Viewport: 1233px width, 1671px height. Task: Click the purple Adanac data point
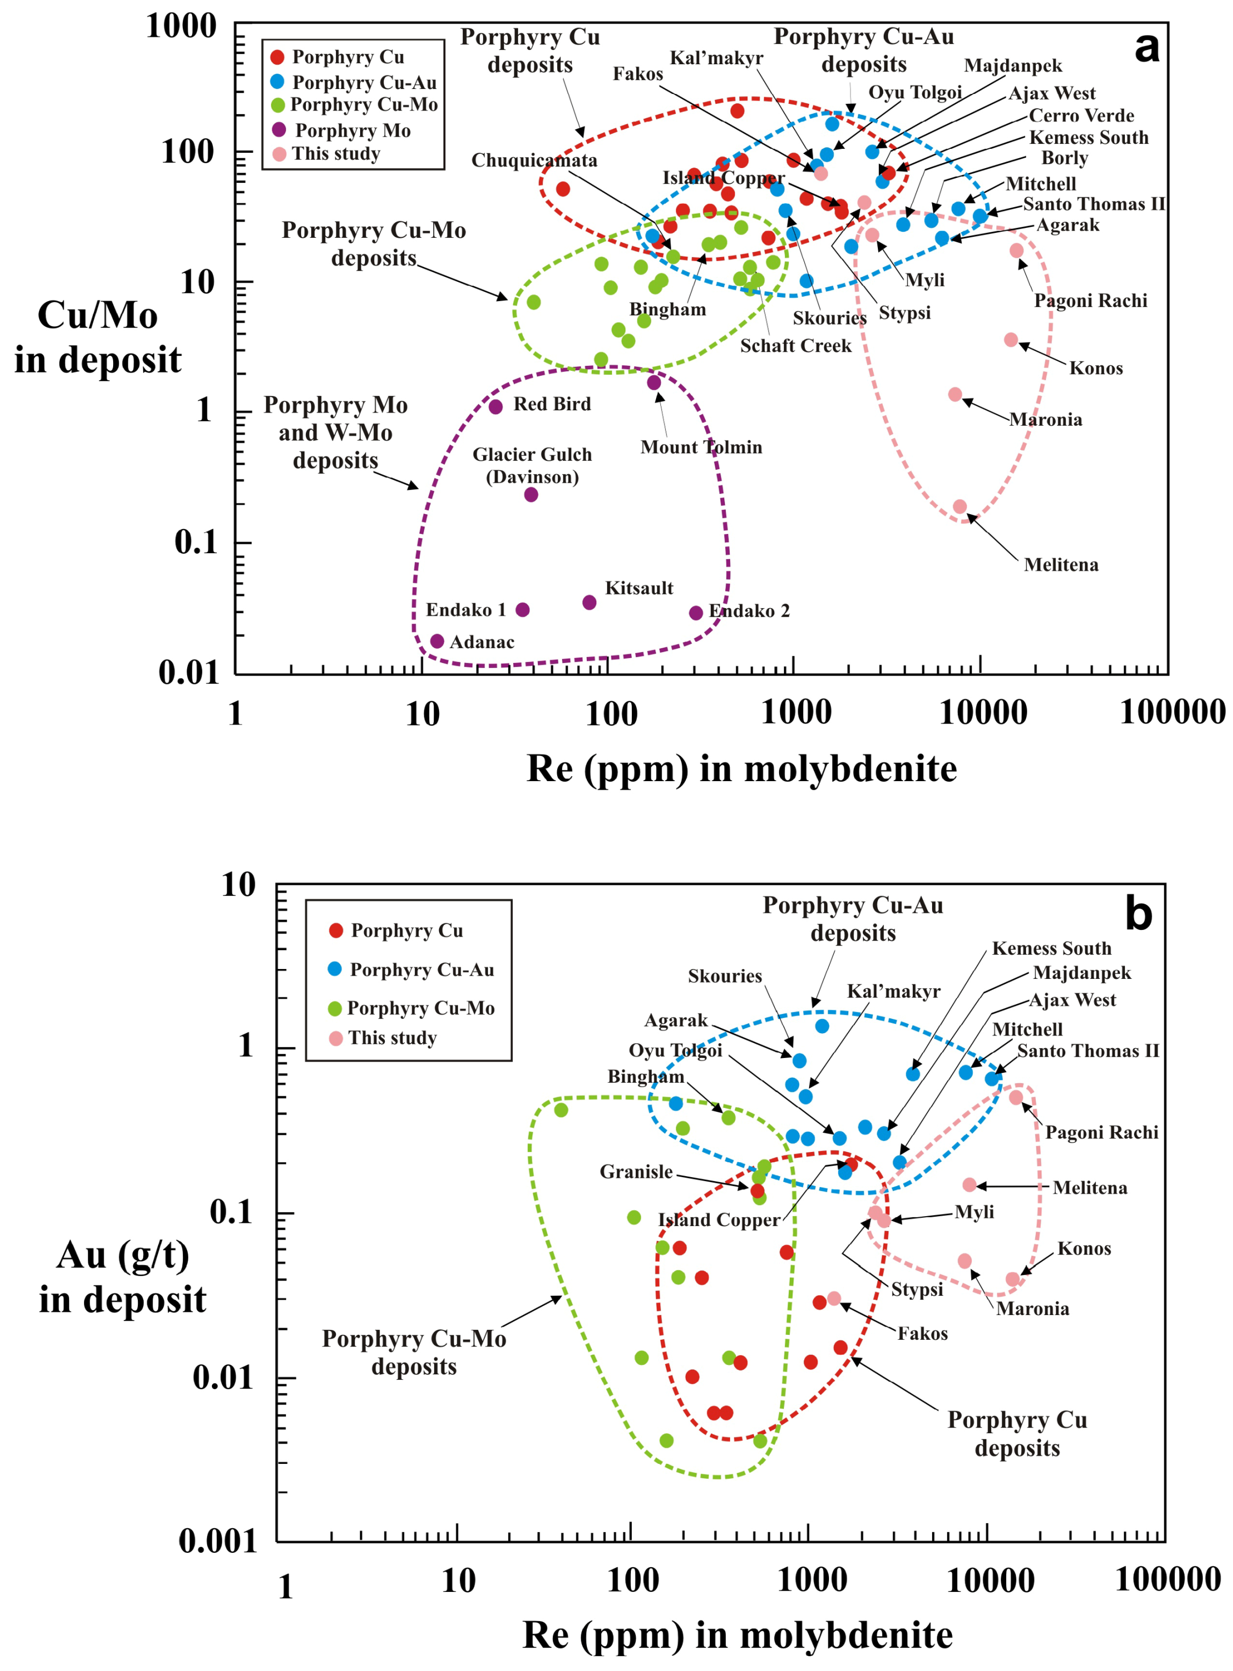pyautogui.click(x=438, y=642)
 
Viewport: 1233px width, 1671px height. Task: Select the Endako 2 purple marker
pyautogui.click(x=696, y=613)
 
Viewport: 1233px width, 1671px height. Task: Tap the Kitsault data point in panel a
pyautogui.click(x=589, y=603)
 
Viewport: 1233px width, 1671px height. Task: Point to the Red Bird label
pyautogui.click(x=552, y=404)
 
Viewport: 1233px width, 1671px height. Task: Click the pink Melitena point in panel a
pyautogui.click(x=960, y=507)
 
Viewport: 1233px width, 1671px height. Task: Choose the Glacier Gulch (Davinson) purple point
pyautogui.click(x=531, y=494)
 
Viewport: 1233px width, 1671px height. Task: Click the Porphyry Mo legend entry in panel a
pyautogui.click(x=352, y=131)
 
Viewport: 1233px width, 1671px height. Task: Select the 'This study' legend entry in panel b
pyautogui.click(x=392, y=1038)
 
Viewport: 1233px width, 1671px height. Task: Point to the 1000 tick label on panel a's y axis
pyautogui.click(x=181, y=27)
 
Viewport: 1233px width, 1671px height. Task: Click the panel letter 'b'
pyautogui.click(x=1138, y=914)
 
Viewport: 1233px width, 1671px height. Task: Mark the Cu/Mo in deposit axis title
pyautogui.click(x=98, y=337)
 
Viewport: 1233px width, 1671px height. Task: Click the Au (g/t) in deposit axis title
pyautogui.click(x=122, y=1278)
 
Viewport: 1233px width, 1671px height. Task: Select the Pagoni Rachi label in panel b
pyautogui.click(x=1102, y=1133)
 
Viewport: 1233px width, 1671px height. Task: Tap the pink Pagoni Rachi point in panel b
pyautogui.click(x=1016, y=1098)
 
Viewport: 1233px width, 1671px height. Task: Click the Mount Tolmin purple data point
pyautogui.click(x=654, y=383)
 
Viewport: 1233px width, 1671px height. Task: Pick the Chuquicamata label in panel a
pyautogui.click(x=534, y=160)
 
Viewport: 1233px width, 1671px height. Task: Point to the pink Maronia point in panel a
pyautogui.click(x=955, y=394)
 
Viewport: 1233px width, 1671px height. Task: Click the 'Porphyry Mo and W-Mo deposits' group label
pyautogui.click(x=336, y=432)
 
